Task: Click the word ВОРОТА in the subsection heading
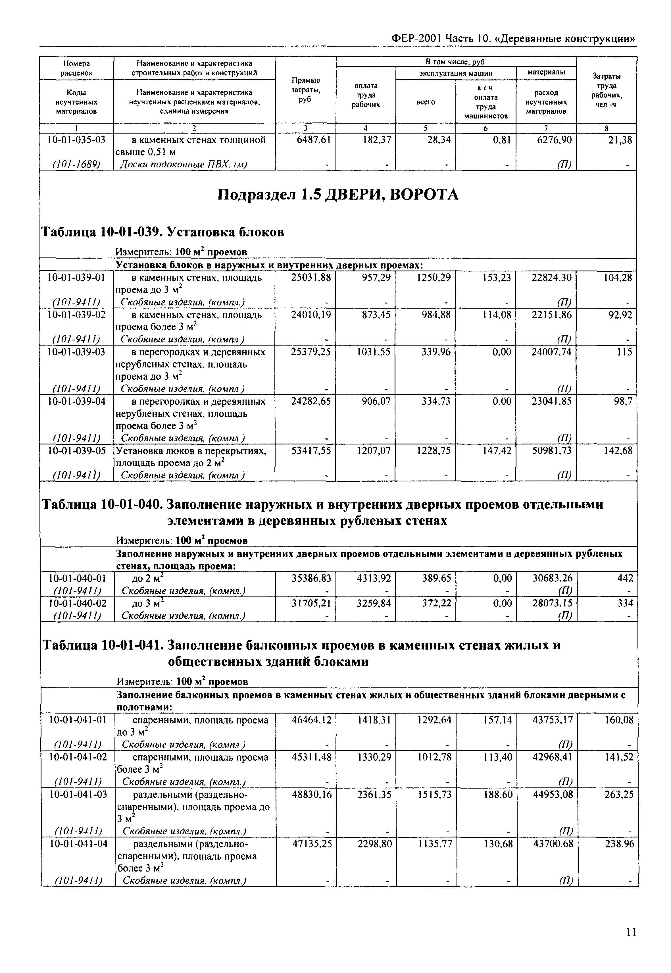tap(425, 195)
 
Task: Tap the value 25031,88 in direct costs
tap(311, 278)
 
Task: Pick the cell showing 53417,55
tap(311, 451)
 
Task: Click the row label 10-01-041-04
tap(78, 844)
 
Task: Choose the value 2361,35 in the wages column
tap(374, 794)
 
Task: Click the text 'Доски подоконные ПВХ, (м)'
tap(183, 165)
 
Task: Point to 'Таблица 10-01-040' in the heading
tap(101, 504)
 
